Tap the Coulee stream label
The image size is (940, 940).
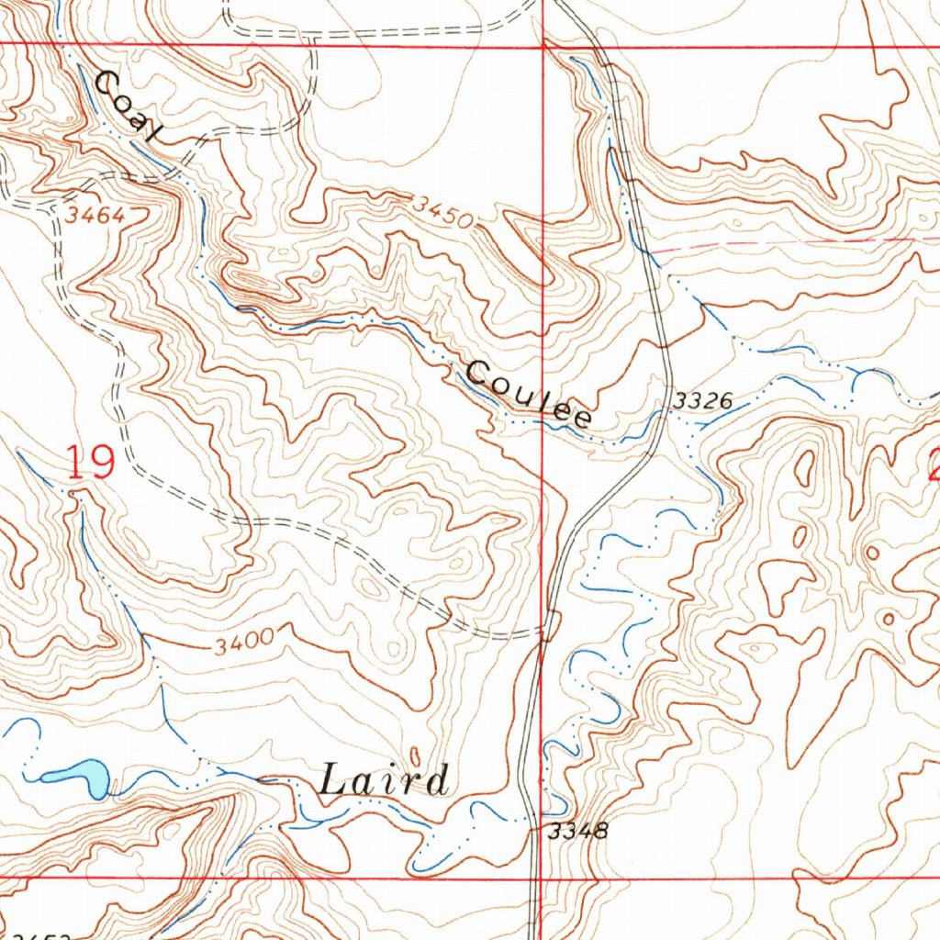528,395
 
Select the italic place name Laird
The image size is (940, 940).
385,781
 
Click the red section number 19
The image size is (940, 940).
90,462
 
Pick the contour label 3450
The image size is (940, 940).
442,212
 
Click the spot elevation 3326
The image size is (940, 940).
702,401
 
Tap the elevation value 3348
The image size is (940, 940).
577,832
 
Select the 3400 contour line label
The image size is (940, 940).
244,644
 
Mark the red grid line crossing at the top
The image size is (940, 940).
544,43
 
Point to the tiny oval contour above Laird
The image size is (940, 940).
413,755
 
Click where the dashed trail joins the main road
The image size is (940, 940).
548,632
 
